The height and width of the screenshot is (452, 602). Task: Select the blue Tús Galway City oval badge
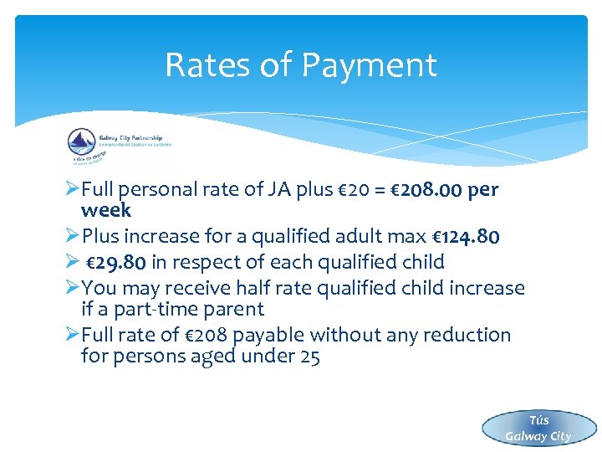[x=538, y=428]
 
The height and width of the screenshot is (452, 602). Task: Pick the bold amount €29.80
[x=117, y=262]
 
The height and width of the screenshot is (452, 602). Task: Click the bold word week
[x=106, y=210]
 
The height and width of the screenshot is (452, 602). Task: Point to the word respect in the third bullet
[x=212, y=262]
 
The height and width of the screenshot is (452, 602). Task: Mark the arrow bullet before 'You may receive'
[x=70, y=288]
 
